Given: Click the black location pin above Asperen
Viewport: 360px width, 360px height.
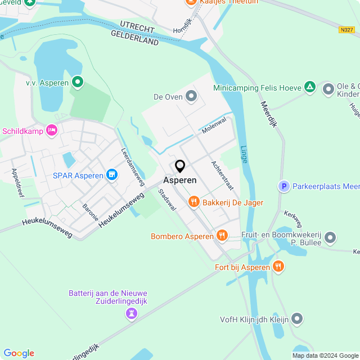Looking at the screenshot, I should click(180, 166).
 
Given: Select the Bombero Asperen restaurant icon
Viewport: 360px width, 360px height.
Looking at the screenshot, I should click(222, 236).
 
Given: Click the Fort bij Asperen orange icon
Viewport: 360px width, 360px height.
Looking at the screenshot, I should click(277, 265).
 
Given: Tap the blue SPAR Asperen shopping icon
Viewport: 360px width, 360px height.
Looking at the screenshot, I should click(112, 175).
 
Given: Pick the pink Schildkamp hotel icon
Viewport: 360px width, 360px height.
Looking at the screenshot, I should click(52, 130).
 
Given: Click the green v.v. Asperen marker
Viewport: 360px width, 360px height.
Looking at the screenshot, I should click(77, 83).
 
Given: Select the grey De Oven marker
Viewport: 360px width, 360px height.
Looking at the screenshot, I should click(192, 97).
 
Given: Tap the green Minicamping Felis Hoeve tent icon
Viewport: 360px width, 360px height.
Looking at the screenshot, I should click(309, 87).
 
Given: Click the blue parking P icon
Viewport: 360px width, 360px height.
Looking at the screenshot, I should click(285, 186).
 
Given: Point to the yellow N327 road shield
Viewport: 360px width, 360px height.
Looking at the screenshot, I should click(346, 30).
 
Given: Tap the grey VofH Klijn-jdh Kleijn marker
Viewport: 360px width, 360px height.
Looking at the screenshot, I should click(298, 319).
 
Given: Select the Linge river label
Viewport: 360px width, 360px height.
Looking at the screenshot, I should click(243, 152).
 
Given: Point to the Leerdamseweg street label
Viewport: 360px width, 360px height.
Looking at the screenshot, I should click(132, 164).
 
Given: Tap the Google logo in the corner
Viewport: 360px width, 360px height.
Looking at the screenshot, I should click(19, 353).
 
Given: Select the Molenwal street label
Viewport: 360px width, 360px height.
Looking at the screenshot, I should click(214, 125).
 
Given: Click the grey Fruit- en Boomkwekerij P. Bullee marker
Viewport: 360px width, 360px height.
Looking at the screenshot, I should click(330, 238).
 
